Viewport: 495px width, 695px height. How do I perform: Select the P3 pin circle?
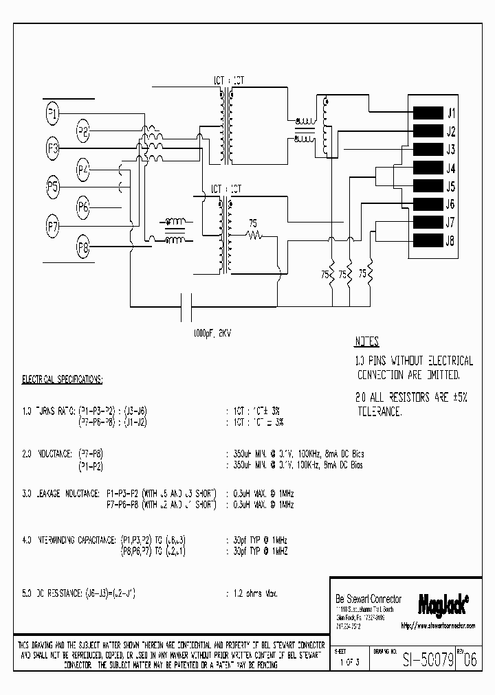coord(53,149)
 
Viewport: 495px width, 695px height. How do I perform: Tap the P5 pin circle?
coord(53,186)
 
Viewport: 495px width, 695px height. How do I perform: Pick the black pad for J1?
coord(427,113)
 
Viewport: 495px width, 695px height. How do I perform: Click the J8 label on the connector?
coord(451,240)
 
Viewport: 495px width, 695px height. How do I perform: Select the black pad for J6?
coord(427,204)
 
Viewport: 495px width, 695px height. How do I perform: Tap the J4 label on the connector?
coord(451,168)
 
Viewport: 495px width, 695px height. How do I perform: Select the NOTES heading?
coord(367,342)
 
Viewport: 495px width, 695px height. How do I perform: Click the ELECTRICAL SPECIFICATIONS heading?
coord(63,379)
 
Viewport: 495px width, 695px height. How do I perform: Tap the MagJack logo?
coord(443,604)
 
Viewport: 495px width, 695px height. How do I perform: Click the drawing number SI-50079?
coord(428,661)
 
